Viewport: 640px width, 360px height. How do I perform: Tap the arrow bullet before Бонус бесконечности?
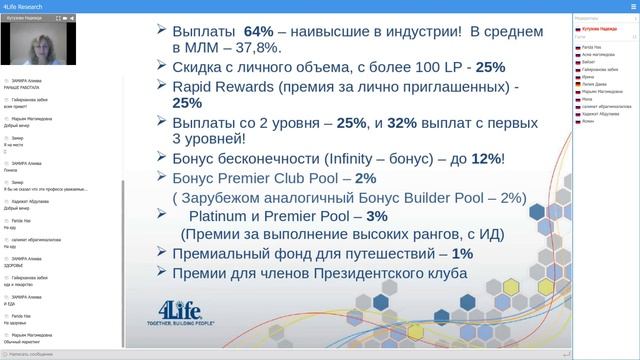162,159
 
